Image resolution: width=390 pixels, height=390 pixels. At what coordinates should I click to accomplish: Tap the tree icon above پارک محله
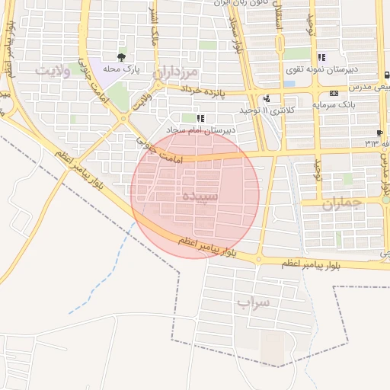pyautogui.click(x=121, y=57)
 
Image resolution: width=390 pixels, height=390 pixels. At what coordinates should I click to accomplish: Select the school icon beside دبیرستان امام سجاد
pyautogui.click(x=200, y=118)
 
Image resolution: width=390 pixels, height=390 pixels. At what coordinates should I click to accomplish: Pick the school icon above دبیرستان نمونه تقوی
pyautogui.click(x=321, y=57)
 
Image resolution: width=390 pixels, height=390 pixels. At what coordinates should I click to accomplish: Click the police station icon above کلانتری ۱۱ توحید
pyautogui.click(x=266, y=98)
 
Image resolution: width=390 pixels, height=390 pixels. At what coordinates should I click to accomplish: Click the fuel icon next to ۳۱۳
pyautogui.click(x=379, y=133)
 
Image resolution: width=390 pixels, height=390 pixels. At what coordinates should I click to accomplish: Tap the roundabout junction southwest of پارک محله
pyautogui.click(x=123, y=118)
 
